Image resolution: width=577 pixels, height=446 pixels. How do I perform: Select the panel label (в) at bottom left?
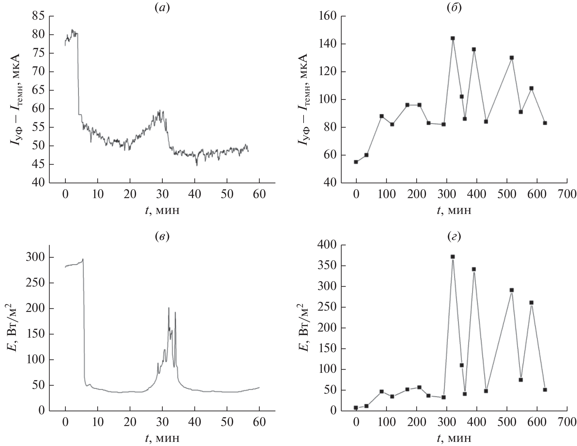(162, 236)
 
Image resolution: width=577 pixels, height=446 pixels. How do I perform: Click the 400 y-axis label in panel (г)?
(327, 245)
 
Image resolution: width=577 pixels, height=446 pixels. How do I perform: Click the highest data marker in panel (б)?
(453, 38)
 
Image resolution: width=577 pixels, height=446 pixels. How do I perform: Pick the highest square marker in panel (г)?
(453, 257)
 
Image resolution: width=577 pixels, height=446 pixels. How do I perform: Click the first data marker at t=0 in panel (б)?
(356, 162)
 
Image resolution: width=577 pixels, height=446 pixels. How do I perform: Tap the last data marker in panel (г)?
(545, 390)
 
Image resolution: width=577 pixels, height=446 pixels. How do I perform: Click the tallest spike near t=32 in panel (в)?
(169, 308)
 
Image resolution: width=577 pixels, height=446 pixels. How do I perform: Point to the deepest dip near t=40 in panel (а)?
(197, 165)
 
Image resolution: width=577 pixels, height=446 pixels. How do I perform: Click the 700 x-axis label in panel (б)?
(567, 194)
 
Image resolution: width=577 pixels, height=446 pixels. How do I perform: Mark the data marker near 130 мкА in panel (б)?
(512, 58)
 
